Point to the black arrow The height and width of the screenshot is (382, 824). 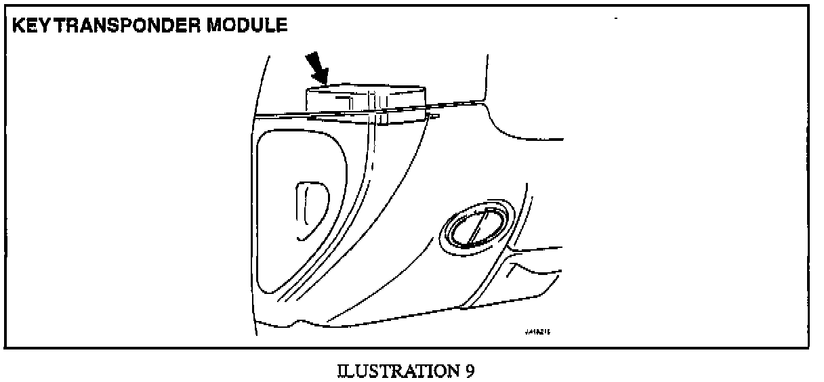316,68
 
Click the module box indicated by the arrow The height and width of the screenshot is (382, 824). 366,98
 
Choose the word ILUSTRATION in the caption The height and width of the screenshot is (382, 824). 396,371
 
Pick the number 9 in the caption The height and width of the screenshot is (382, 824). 470,371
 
